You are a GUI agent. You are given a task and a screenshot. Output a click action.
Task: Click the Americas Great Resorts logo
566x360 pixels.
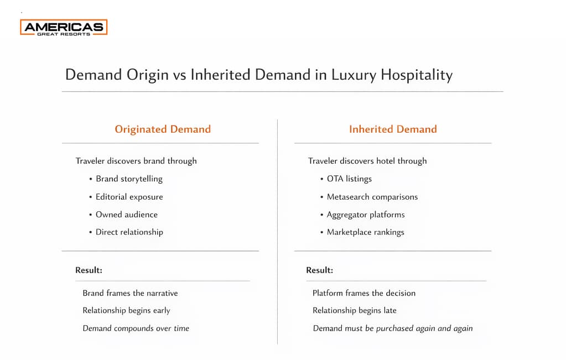coord(64,27)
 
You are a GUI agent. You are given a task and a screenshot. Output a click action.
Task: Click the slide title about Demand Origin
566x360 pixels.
coord(258,75)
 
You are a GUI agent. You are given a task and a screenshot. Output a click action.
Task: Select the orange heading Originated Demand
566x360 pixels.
coord(163,129)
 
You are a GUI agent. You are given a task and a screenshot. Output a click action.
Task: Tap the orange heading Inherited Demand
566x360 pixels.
coord(393,129)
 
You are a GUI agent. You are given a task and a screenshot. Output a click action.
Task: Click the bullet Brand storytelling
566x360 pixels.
coord(129,179)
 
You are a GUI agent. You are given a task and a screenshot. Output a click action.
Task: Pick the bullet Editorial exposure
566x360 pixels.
coord(129,196)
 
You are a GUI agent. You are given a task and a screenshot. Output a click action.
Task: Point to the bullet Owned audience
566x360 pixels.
coord(126,214)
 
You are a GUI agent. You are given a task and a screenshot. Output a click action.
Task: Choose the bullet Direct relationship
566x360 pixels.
coord(129,232)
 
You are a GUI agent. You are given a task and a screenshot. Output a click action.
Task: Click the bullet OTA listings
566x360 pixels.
coord(349,179)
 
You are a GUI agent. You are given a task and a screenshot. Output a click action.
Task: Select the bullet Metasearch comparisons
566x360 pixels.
coord(372,196)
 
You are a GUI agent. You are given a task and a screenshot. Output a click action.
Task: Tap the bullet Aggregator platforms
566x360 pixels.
coord(365,214)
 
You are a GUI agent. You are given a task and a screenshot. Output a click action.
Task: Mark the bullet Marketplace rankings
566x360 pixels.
coord(365,232)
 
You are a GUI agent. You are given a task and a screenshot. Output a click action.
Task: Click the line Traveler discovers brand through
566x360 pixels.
coord(136,161)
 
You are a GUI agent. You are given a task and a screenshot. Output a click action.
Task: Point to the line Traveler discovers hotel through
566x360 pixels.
coord(367,161)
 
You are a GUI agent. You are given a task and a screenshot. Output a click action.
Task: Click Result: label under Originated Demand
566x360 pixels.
coord(89,270)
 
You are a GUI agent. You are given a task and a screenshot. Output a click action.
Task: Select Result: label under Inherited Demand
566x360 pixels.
coord(320,270)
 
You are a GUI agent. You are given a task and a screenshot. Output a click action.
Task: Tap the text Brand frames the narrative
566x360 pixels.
coord(130,293)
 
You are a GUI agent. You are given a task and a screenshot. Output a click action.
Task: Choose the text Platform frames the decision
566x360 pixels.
coord(364,293)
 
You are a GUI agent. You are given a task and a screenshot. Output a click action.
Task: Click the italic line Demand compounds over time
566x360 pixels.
coord(136,328)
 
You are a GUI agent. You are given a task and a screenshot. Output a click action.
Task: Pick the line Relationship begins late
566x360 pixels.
coord(354,310)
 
